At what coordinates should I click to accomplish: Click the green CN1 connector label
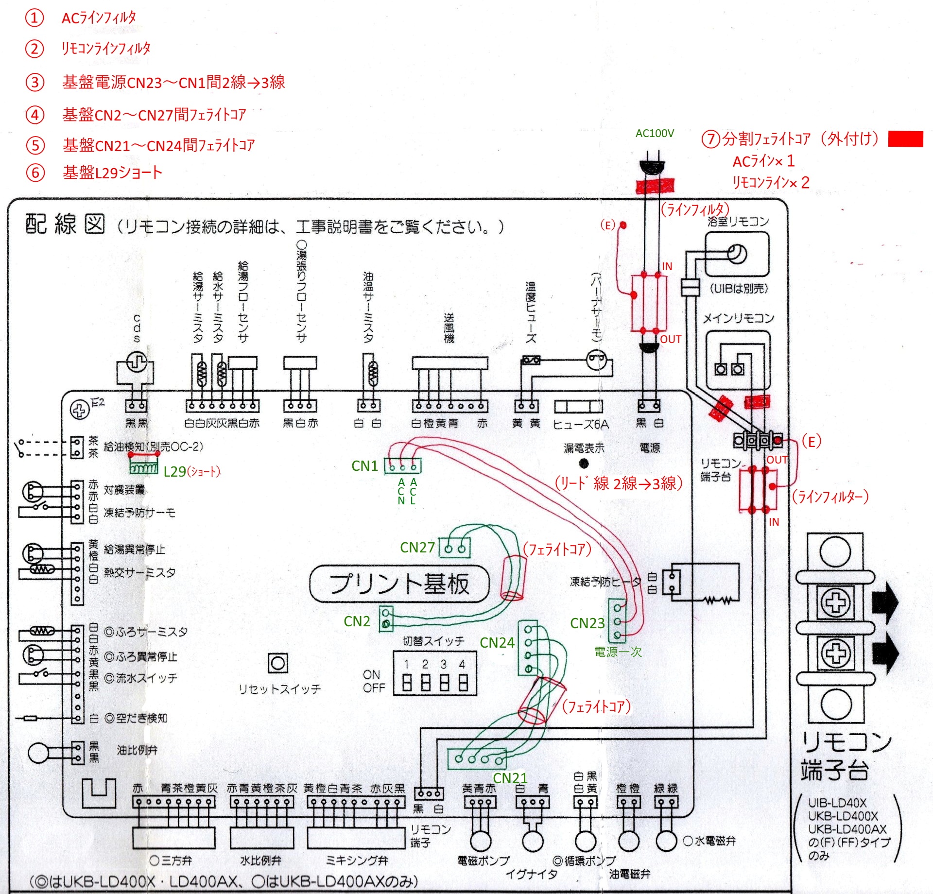pyautogui.click(x=364, y=466)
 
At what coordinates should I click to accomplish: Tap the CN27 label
pyautogui.click(x=417, y=548)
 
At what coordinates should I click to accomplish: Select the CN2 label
pyautogui.click(x=357, y=621)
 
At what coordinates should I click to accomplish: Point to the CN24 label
pyautogui.click(x=497, y=643)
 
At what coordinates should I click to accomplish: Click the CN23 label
pyautogui.click(x=587, y=623)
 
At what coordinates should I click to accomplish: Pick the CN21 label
pyautogui.click(x=510, y=778)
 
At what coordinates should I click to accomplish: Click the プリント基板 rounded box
pyautogui.click(x=399, y=584)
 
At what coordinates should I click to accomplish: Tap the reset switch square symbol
pyautogui.click(x=277, y=663)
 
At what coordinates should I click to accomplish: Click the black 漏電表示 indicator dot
pyautogui.click(x=584, y=463)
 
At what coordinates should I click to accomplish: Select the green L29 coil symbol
pyautogui.click(x=144, y=468)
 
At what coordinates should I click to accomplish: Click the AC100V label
pyautogui.click(x=655, y=133)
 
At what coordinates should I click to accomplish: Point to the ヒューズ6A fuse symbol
pyautogui.click(x=578, y=406)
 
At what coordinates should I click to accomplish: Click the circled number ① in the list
pyautogui.click(x=35, y=18)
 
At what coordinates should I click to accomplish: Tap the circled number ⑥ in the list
pyautogui.click(x=35, y=172)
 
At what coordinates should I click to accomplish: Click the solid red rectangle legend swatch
pyautogui.click(x=905, y=139)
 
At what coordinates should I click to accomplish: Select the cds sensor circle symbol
pyautogui.click(x=137, y=362)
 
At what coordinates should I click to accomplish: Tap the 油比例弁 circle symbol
pyautogui.click(x=39, y=753)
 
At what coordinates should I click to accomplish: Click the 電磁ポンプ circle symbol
pyautogui.click(x=480, y=840)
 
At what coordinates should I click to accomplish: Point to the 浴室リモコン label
pyautogui.click(x=738, y=222)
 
